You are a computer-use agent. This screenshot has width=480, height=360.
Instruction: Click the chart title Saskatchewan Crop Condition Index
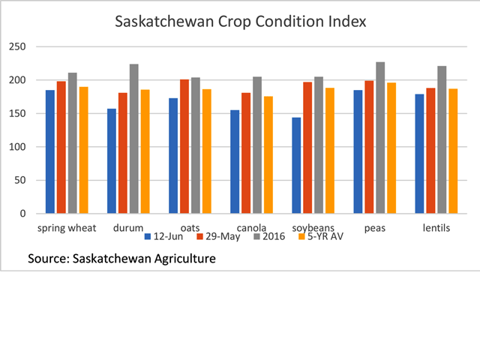point(240,21)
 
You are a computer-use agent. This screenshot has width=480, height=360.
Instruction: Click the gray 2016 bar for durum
point(134,139)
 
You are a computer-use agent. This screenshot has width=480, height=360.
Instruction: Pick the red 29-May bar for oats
point(184,146)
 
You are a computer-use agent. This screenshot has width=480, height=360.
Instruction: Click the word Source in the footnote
point(49,259)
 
